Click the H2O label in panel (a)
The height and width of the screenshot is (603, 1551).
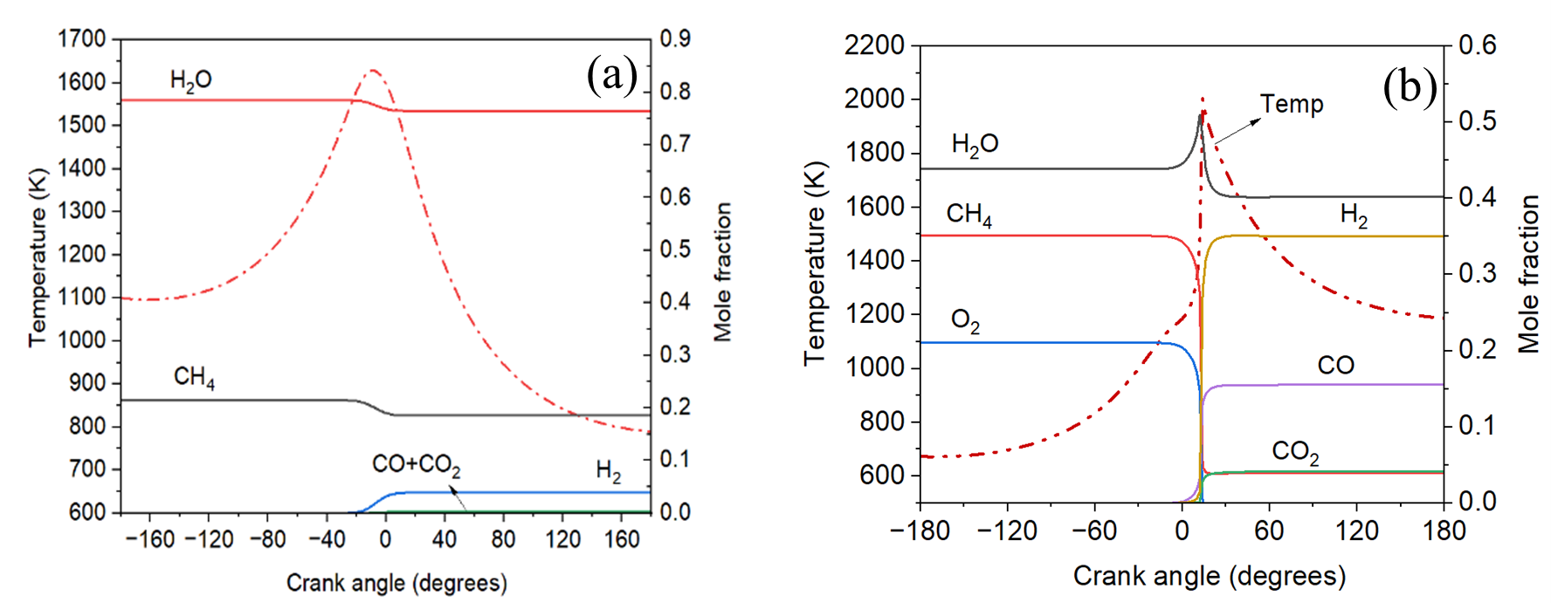190,80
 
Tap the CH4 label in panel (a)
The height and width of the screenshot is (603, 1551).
194,377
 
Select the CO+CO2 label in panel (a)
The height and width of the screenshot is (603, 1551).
416,465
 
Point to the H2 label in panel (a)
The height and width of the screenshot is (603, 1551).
609,472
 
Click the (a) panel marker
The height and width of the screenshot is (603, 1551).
612,74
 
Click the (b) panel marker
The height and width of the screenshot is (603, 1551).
1410,87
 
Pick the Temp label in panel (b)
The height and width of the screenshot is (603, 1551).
1292,104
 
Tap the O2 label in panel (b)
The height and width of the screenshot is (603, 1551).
965,321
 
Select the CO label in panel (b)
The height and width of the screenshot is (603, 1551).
1335,365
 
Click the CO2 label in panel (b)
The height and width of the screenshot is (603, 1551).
1295,451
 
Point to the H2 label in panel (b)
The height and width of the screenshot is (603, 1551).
1354,215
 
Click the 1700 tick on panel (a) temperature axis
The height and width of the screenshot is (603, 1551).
82,38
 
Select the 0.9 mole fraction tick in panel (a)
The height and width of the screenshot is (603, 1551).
675,38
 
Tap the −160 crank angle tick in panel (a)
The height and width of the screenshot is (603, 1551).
150,539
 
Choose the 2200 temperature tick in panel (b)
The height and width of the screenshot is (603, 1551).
874,45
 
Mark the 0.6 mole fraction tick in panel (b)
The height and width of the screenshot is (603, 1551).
1478,45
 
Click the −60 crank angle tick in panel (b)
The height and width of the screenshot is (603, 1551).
1094,531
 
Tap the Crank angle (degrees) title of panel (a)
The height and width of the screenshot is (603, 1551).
396,583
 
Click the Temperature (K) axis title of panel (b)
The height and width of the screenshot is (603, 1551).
814,263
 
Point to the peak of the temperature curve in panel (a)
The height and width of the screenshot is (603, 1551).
374,71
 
